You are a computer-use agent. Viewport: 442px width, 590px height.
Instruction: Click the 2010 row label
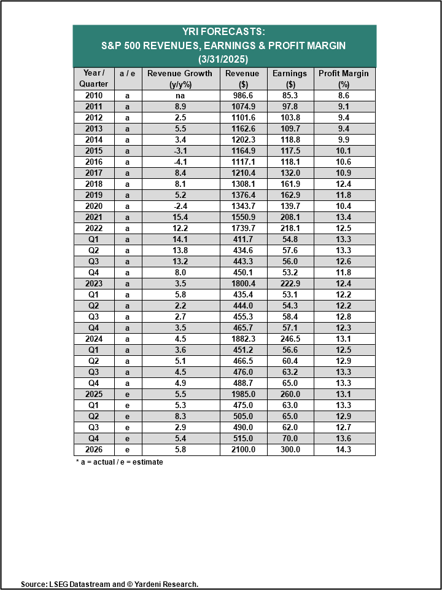[94, 96]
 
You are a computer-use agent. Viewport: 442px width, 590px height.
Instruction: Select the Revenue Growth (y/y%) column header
[180, 79]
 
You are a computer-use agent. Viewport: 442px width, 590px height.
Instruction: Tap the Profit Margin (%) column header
[344, 79]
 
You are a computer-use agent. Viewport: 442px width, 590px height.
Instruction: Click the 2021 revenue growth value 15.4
[180, 217]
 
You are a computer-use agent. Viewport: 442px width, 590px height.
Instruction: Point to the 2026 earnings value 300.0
[291, 450]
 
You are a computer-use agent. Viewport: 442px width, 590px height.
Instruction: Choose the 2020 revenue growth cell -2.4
[180, 206]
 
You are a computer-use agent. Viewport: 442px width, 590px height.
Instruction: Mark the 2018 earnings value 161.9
[291, 184]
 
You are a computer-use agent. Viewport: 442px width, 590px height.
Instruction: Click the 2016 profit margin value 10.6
[344, 162]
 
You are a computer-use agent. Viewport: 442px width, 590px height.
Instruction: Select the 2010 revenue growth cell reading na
[180, 96]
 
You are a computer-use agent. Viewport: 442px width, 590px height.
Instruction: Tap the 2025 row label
[94, 395]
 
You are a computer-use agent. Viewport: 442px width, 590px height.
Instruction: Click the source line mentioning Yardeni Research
[109, 584]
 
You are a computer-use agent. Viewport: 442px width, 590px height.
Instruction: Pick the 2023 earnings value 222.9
[291, 284]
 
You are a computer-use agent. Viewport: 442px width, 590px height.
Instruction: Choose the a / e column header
[128, 74]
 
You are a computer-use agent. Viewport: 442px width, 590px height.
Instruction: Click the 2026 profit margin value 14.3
[344, 450]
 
